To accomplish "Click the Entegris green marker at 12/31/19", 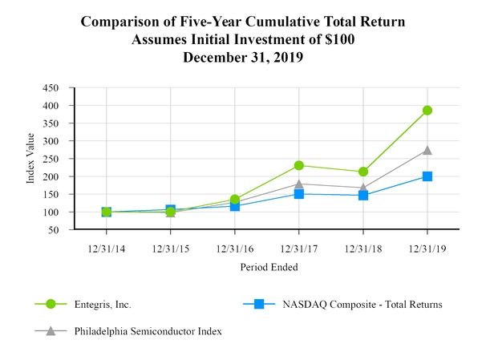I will click(x=427, y=111).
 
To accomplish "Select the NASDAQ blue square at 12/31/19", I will click(x=427, y=176).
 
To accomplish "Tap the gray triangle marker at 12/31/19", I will click(x=427, y=150).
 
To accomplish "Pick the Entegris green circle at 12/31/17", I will click(x=299, y=165).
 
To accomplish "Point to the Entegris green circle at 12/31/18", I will click(x=363, y=172).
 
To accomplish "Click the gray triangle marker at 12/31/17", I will click(x=299, y=184).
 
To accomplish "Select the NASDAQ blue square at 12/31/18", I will click(x=363, y=196).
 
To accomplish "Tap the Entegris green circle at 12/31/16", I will click(x=235, y=200).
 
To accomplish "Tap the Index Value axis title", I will click(x=31, y=159).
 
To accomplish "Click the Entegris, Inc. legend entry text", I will click(x=102, y=305).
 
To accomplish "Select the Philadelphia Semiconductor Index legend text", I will click(x=147, y=331).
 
